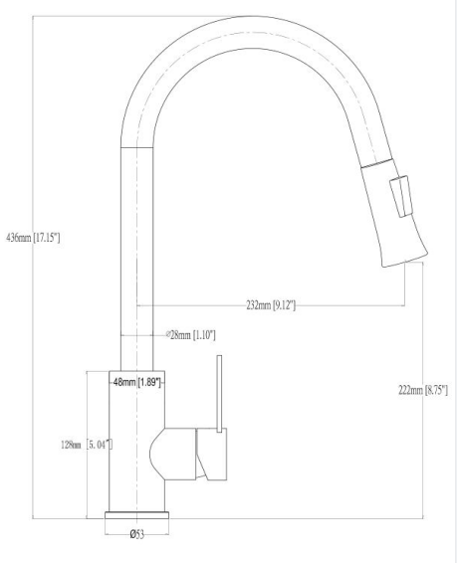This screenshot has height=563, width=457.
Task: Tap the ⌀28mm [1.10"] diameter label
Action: point(189,335)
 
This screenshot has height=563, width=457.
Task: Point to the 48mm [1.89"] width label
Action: point(136,381)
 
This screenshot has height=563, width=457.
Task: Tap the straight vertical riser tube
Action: point(136,259)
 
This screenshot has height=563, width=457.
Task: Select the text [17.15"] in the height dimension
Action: point(47,238)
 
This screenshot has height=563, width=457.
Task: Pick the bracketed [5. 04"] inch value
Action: point(97,444)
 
